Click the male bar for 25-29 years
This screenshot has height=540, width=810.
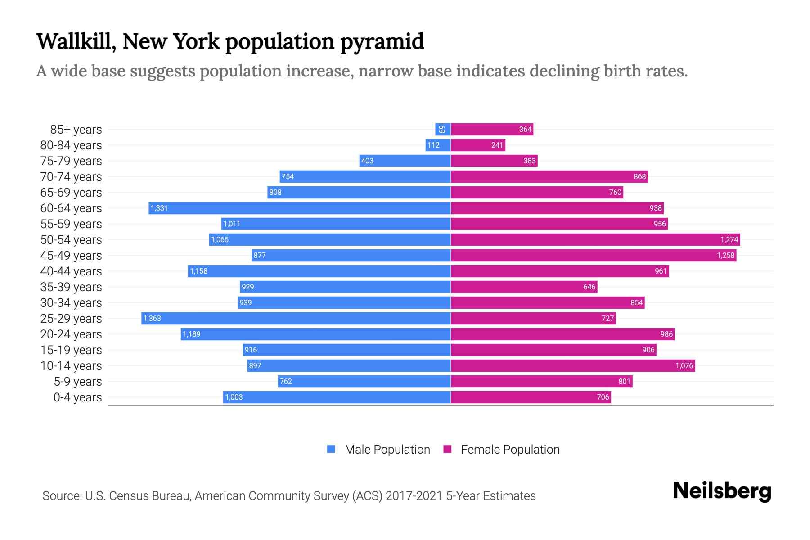coord(296,318)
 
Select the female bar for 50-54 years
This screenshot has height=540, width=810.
coord(595,239)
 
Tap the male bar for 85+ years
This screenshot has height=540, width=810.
coord(443,129)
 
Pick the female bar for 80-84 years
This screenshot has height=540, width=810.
coord(478,145)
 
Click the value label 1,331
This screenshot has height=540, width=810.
coord(159,208)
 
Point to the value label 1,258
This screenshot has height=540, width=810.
coord(725,255)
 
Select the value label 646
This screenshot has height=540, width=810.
coord(589,287)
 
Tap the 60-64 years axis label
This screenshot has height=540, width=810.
coord(71,208)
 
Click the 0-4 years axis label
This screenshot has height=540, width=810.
coord(77,397)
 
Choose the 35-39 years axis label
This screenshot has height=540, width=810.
coord(71,287)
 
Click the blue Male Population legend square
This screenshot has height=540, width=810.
coord(331,449)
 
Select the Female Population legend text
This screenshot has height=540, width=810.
coord(510,449)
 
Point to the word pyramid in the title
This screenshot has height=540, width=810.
coord(382,41)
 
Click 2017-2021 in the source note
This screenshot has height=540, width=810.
coord(414,496)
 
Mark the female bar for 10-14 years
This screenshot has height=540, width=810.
coord(572,365)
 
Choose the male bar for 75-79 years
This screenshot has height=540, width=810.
coord(405,161)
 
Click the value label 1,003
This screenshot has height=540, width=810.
coord(234,397)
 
